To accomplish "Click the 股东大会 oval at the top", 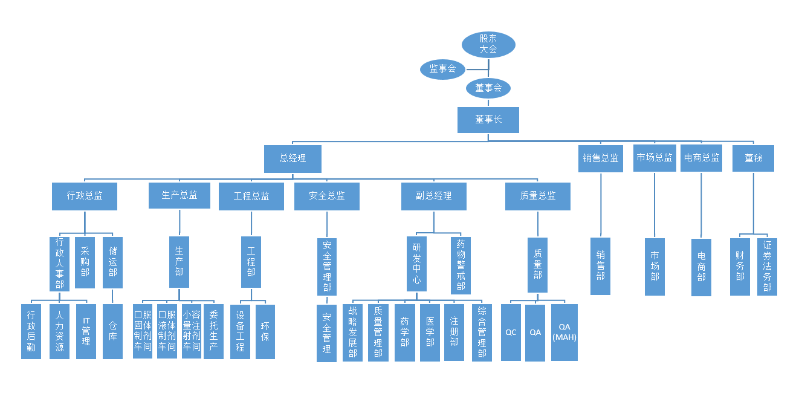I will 488,44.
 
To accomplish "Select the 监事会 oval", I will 442,69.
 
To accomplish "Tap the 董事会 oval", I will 488,88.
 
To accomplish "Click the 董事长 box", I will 488,120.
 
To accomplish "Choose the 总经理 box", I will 293,158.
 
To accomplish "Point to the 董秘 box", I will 753,158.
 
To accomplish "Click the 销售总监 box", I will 601,158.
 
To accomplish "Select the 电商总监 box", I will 701,158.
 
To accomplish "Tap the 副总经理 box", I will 433,196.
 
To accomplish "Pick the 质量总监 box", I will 537,196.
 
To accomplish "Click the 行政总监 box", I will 85,196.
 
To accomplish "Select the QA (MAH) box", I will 564,332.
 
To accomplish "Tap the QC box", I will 511,332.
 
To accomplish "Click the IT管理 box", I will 86,331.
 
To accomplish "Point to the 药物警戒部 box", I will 461,265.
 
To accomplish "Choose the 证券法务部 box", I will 767,266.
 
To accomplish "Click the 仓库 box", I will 112,331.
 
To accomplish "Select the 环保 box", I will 265,331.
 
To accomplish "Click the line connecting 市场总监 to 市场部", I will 655,206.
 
